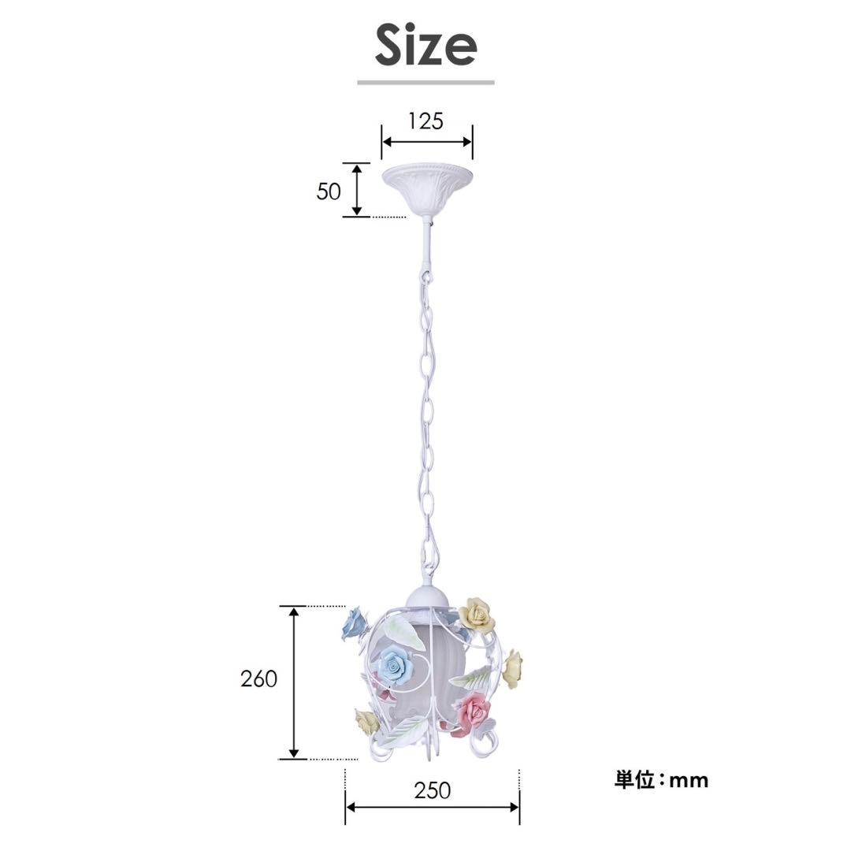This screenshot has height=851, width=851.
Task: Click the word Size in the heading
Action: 425,46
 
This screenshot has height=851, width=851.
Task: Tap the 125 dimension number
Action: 426,121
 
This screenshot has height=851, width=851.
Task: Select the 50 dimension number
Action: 329,191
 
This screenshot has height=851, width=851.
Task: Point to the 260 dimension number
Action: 259,678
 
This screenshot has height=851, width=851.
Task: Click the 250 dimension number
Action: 433,790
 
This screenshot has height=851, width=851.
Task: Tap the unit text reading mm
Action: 689,781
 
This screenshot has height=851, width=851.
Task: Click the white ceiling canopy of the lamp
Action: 427,190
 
